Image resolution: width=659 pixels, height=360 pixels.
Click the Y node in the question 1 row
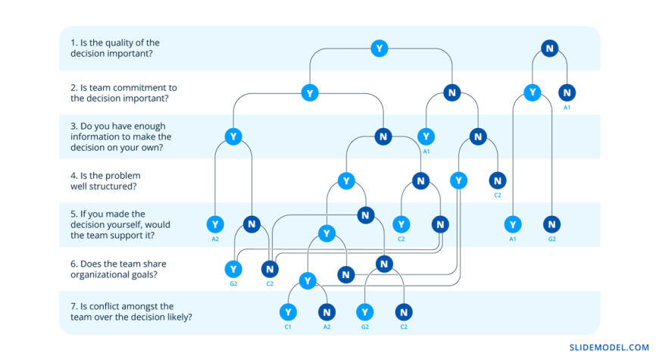(x=379, y=49)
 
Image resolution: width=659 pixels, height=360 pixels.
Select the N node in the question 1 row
(x=549, y=49)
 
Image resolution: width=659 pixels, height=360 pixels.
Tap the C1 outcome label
(x=288, y=327)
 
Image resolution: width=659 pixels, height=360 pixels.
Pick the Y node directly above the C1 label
(x=288, y=312)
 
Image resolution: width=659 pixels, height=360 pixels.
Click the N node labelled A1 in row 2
(x=567, y=92)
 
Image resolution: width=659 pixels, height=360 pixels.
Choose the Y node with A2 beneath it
(x=215, y=224)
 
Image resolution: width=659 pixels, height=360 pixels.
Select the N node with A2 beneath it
(x=326, y=312)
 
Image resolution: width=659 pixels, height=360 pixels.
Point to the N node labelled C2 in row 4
(x=498, y=180)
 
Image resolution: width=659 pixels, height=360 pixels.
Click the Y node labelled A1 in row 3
(x=426, y=136)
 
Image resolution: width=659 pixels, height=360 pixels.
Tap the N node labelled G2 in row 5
(x=552, y=224)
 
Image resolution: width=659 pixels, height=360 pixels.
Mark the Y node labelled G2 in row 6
(x=233, y=269)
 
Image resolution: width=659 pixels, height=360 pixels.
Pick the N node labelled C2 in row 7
(x=404, y=312)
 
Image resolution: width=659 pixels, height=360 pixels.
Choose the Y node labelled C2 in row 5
(x=401, y=224)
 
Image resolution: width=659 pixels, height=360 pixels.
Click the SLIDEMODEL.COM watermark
(x=609, y=347)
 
